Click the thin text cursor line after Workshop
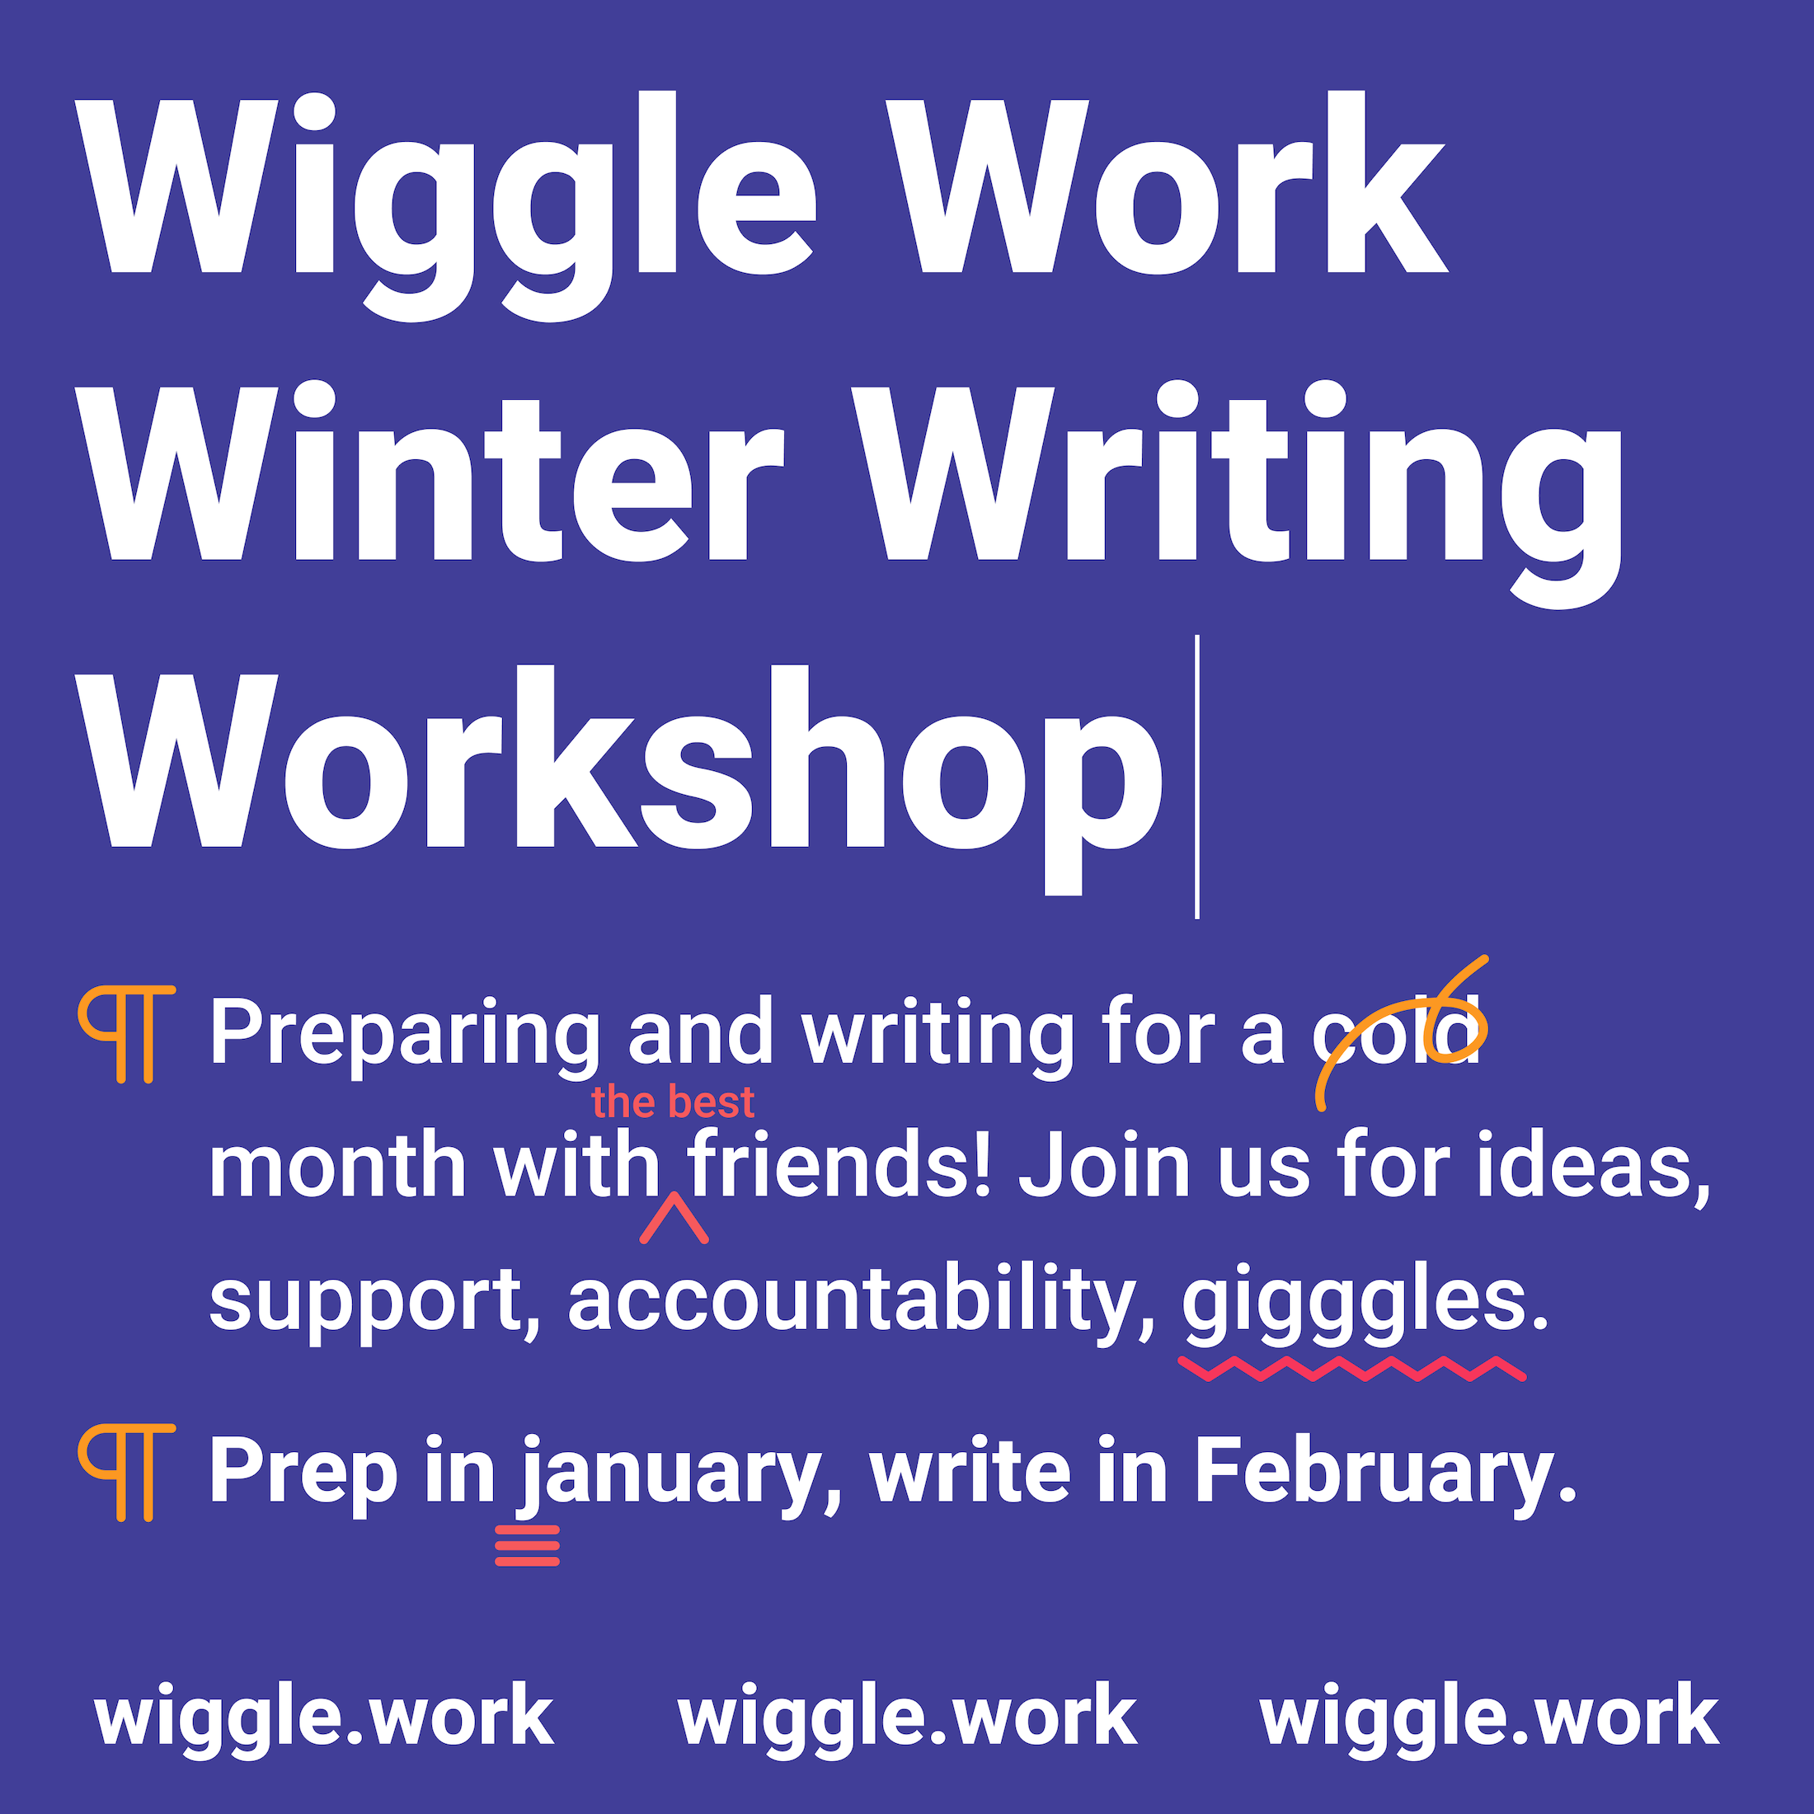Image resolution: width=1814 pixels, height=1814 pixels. [1197, 778]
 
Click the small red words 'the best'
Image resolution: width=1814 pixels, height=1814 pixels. [672, 1102]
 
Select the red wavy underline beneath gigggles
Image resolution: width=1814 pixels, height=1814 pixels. [1352, 1369]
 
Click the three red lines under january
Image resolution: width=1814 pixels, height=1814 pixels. [528, 1545]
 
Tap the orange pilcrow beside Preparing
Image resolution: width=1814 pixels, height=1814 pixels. [127, 1034]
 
